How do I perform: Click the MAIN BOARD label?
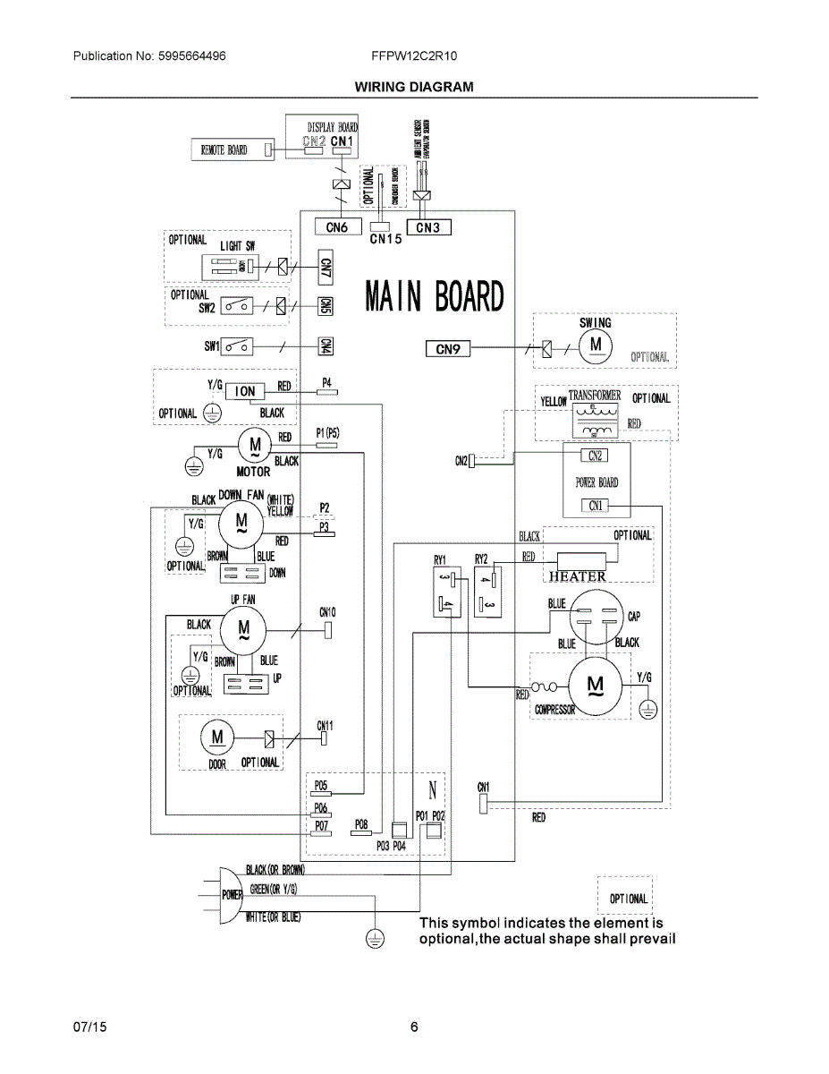click(x=435, y=297)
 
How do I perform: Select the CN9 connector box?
click(x=447, y=349)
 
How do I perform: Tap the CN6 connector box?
click(x=336, y=227)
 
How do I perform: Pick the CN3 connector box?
click(x=428, y=227)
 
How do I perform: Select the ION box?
click(x=246, y=391)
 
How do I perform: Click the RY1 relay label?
click(x=440, y=559)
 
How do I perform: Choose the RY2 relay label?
click(x=481, y=559)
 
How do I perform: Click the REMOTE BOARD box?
click(x=224, y=149)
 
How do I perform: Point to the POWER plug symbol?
click(x=231, y=894)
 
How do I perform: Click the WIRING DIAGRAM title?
click(x=414, y=87)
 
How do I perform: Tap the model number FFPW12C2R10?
click(x=414, y=55)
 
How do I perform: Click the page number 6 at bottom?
click(x=414, y=1027)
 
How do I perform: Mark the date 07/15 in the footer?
click(x=88, y=1027)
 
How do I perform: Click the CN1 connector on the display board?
click(x=343, y=142)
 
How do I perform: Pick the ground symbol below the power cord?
click(x=374, y=938)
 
